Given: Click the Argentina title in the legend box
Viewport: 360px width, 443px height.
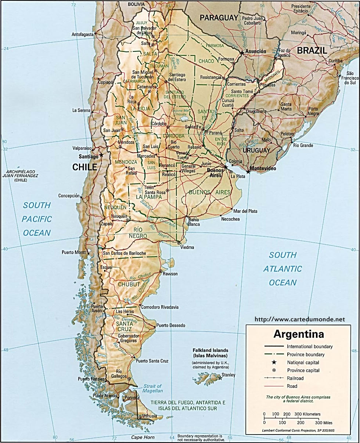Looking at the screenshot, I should click(x=299, y=335).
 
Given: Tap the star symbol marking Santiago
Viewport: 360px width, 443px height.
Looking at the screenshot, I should click(x=102, y=156).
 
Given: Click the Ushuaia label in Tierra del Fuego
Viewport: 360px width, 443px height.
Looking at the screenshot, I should click(x=150, y=416).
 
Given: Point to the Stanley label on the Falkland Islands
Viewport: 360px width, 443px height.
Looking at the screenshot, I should click(x=228, y=375).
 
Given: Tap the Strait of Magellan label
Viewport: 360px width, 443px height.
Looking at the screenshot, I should click(x=153, y=388).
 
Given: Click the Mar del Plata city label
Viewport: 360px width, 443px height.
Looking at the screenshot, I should click(x=245, y=211).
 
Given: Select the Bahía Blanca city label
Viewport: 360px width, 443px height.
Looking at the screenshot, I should click(x=194, y=222).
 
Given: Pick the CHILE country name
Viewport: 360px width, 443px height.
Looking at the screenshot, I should click(x=84, y=167).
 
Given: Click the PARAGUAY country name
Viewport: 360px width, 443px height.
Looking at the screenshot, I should click(x=219, y=18).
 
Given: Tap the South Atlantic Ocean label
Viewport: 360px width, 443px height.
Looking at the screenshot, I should click(x=282, y=269).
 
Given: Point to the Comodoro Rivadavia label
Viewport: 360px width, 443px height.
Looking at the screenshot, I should click(x=160, y=307).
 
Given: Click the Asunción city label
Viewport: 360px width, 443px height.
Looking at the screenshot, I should click(x=256, y=51).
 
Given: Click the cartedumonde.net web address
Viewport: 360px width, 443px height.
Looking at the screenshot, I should click(x=300, y=319).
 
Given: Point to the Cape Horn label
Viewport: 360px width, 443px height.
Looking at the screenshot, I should click(x=143, y=437).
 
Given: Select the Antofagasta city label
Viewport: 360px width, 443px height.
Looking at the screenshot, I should click(x=83, y=34).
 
